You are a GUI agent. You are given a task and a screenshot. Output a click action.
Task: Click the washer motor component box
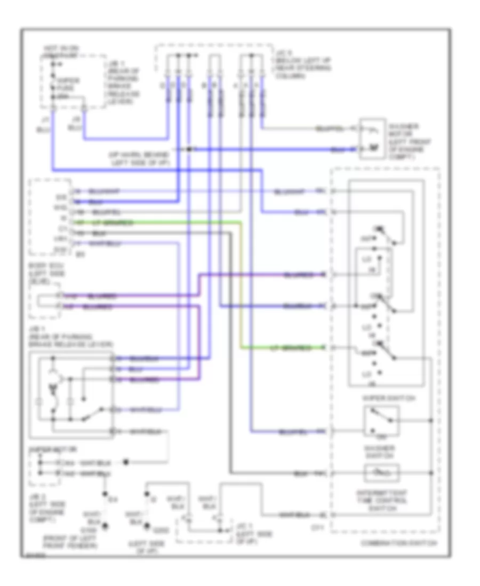point(372,139)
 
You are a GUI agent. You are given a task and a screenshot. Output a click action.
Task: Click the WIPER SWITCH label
point(382,398)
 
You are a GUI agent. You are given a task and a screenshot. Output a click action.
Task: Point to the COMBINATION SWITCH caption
point(397,543)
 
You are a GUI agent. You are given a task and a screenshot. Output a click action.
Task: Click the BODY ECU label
point(45,271)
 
